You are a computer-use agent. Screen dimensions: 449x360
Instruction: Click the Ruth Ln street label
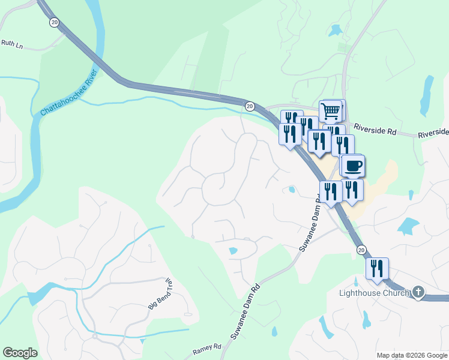[x=11, y=43]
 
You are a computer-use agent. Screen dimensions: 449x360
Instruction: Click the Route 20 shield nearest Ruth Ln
[x=55, y=22]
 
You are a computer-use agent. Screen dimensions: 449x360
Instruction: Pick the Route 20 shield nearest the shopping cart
[x=249, y=106]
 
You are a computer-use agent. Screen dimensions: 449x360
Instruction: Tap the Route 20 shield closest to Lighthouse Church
[x=361, y=249]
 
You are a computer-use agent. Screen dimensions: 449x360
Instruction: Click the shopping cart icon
[x=331, y=110]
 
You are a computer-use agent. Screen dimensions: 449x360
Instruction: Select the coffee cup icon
[x=352, y=165]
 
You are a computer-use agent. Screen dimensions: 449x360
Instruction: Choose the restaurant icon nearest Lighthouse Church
[x=377, y=268]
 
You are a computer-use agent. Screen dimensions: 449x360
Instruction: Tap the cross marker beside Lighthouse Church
[x=418, y=293]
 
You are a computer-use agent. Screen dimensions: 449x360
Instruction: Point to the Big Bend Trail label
[x=160, y=295]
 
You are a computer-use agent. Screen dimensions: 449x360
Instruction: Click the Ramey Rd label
[x=207, y=347]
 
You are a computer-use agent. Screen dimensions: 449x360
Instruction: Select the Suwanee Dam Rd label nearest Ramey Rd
[x=246, y=311]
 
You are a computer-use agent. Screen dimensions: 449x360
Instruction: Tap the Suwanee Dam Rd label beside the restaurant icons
[x=310, y=223]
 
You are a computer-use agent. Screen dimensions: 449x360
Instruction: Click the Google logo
[x=20, y=352]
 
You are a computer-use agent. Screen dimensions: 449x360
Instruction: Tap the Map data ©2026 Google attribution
[x=411, y=355]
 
